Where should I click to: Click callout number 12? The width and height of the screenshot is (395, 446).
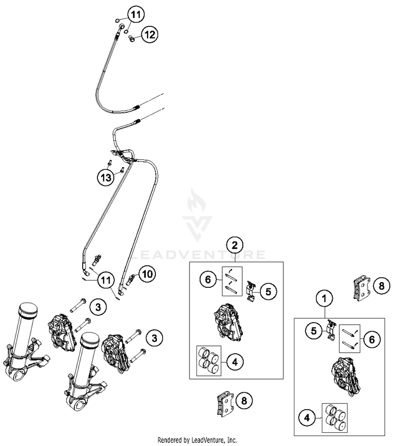(150, 35)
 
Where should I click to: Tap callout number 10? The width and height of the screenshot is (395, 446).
(147, 274)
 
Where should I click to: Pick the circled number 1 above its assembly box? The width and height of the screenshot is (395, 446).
(325, 298)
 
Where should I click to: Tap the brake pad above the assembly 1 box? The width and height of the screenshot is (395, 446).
(361, 288)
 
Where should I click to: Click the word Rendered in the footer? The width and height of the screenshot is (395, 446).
(172, 440)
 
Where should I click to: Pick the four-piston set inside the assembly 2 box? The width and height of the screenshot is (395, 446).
(208, 361)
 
